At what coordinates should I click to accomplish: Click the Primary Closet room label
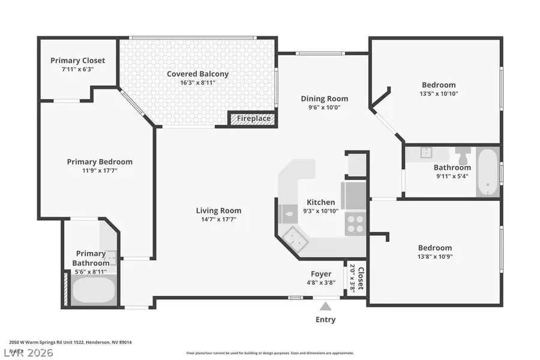coord(77,61)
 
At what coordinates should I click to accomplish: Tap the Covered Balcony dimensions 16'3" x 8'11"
coord(197,83)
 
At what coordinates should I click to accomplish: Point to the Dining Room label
coord(324,99)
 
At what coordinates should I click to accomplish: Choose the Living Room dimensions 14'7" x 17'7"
coord(218,220)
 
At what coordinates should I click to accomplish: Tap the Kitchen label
coord(321,202)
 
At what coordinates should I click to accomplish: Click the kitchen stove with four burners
coord(355,223)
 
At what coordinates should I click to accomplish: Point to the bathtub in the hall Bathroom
coord(488,172)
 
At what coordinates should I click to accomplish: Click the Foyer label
coord(321,274)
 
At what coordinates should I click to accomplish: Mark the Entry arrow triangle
coord(326,305)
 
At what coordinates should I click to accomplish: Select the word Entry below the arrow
coord(326,319)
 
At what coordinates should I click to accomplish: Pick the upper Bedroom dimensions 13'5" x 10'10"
coord(438,94)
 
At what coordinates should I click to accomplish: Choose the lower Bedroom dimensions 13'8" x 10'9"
coord(435,257)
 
